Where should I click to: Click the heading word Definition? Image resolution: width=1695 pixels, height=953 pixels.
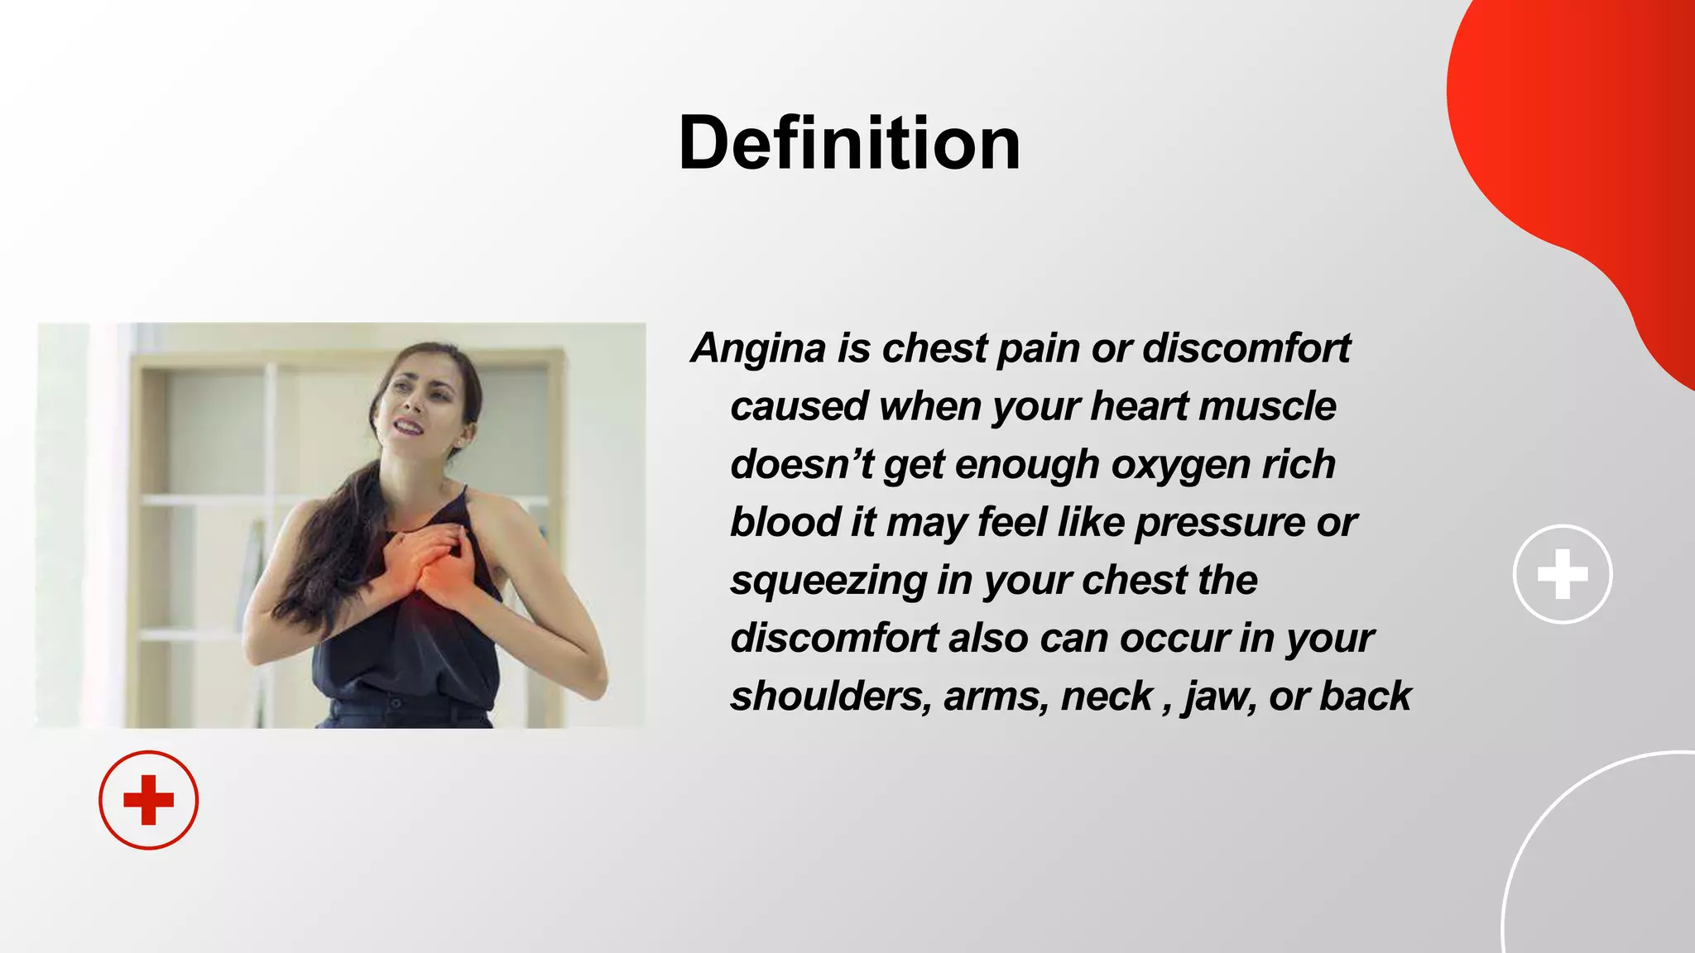pyautogui.click(x=849, y=143)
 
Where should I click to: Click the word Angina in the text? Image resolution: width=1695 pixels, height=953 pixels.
pyautogui.click(x=759, y=348)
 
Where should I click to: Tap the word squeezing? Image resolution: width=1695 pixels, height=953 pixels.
pyautogui.click(x=828, y=581)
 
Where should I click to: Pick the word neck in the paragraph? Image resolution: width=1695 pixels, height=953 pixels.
pyautogui.click(x=1107, y=696)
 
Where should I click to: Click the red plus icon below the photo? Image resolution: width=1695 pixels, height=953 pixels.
pyautogui.click(x=148, y=800)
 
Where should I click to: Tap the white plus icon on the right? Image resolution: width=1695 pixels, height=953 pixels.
pyautogui.click(x=1562, y=573)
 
